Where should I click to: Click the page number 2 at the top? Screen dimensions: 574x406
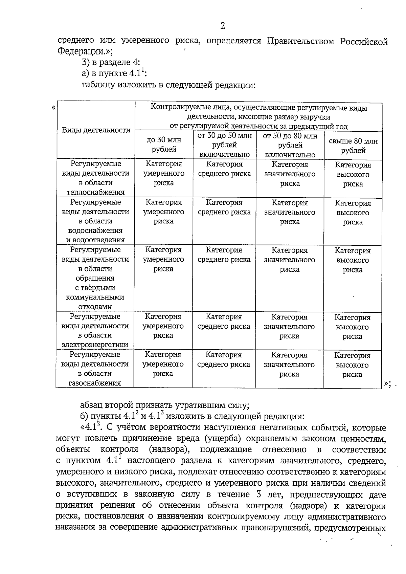coord(222,26)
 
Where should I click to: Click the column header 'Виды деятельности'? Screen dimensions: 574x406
coord(96,130)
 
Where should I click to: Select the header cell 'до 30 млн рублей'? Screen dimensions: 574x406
coord(164,145)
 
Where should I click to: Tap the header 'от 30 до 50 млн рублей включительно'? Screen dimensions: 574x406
coord(224,145)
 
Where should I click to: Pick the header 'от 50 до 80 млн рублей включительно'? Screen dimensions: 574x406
coord(290,146)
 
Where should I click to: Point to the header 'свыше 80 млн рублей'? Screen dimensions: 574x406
coord(353,146)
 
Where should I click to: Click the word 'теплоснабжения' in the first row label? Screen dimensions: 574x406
coord(96,192)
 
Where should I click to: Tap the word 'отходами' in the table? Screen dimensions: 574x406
coord(95,307)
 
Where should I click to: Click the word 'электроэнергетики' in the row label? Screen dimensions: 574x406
coord(95,345)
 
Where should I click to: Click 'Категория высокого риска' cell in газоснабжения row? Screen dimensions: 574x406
coord(352,365)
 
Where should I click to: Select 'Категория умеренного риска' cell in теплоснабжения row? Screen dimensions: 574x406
coord(164,173)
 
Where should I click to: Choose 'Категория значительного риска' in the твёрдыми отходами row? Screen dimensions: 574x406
coord(289,260)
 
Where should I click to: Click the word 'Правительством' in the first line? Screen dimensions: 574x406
coord(302,41)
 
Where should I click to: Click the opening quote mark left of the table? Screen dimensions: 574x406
coord(53,108)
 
